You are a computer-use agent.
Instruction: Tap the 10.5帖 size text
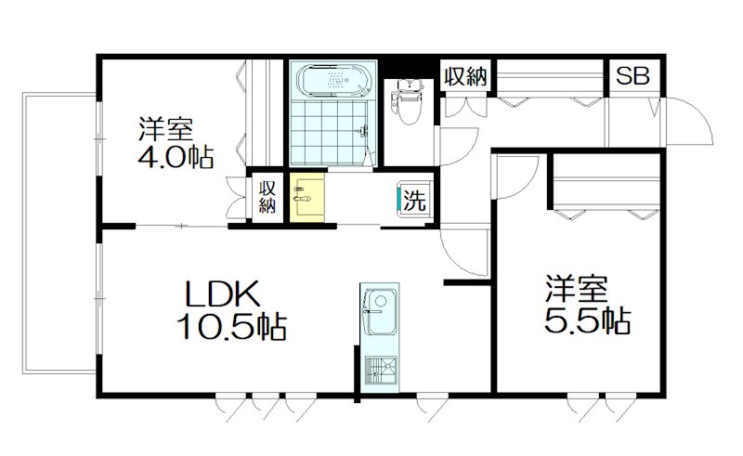click(230, 326)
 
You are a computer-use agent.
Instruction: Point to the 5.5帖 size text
click(588, 320)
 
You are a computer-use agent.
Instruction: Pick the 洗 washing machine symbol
click(414, 199)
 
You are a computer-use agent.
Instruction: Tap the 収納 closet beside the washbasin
click(267, 197)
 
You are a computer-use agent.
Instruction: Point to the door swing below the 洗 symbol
click(460, 246)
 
